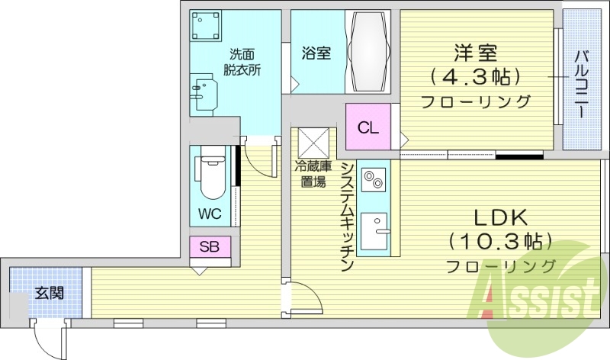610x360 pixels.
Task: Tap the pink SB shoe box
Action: [x=210, y=246]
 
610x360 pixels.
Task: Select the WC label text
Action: [x=210, y=214]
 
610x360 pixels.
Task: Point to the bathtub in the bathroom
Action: [x=370, y=52]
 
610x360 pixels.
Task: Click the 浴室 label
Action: [x=316, y=53]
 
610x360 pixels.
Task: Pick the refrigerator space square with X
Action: [x=313, y=141]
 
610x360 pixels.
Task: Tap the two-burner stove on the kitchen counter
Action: [x=373, y=181]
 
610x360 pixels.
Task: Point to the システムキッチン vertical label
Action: [x=347, y=218]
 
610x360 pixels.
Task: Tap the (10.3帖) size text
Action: [x=500, y=242]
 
